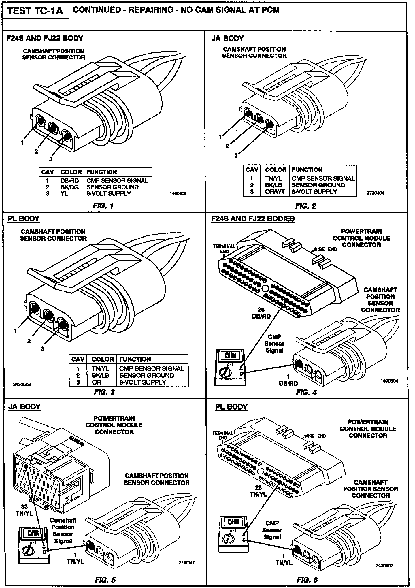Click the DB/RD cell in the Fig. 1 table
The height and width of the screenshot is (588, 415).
click(x=69, y=181)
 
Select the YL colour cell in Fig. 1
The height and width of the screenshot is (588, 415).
click(x=64, y=193)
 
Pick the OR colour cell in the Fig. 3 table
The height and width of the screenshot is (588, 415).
click(x=97, y=382)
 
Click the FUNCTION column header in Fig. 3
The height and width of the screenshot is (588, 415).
click(x=135, y=359)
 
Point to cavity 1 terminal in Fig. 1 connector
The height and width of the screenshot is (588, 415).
click(x=40, y=121)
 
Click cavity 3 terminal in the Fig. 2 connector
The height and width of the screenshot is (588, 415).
click(x=270, y=125)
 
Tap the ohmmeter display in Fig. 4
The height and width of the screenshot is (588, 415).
click(x=230, y=355)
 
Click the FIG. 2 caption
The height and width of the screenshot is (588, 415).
click(x=305, y=206)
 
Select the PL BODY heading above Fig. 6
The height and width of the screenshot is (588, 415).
click(x=231, y=407)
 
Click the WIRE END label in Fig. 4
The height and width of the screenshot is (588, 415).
click(x=325, y=249)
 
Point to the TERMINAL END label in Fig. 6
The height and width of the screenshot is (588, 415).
click(x=223, y=436)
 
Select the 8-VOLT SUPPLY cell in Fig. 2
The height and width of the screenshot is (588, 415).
click(x=314, y=192)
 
